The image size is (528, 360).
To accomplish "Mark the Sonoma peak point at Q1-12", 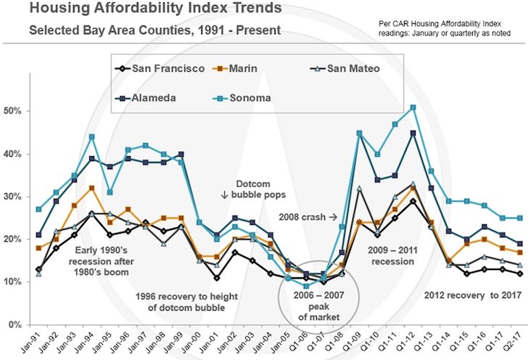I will (413, 107).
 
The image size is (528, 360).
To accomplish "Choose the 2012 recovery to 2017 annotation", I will (464, 295).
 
